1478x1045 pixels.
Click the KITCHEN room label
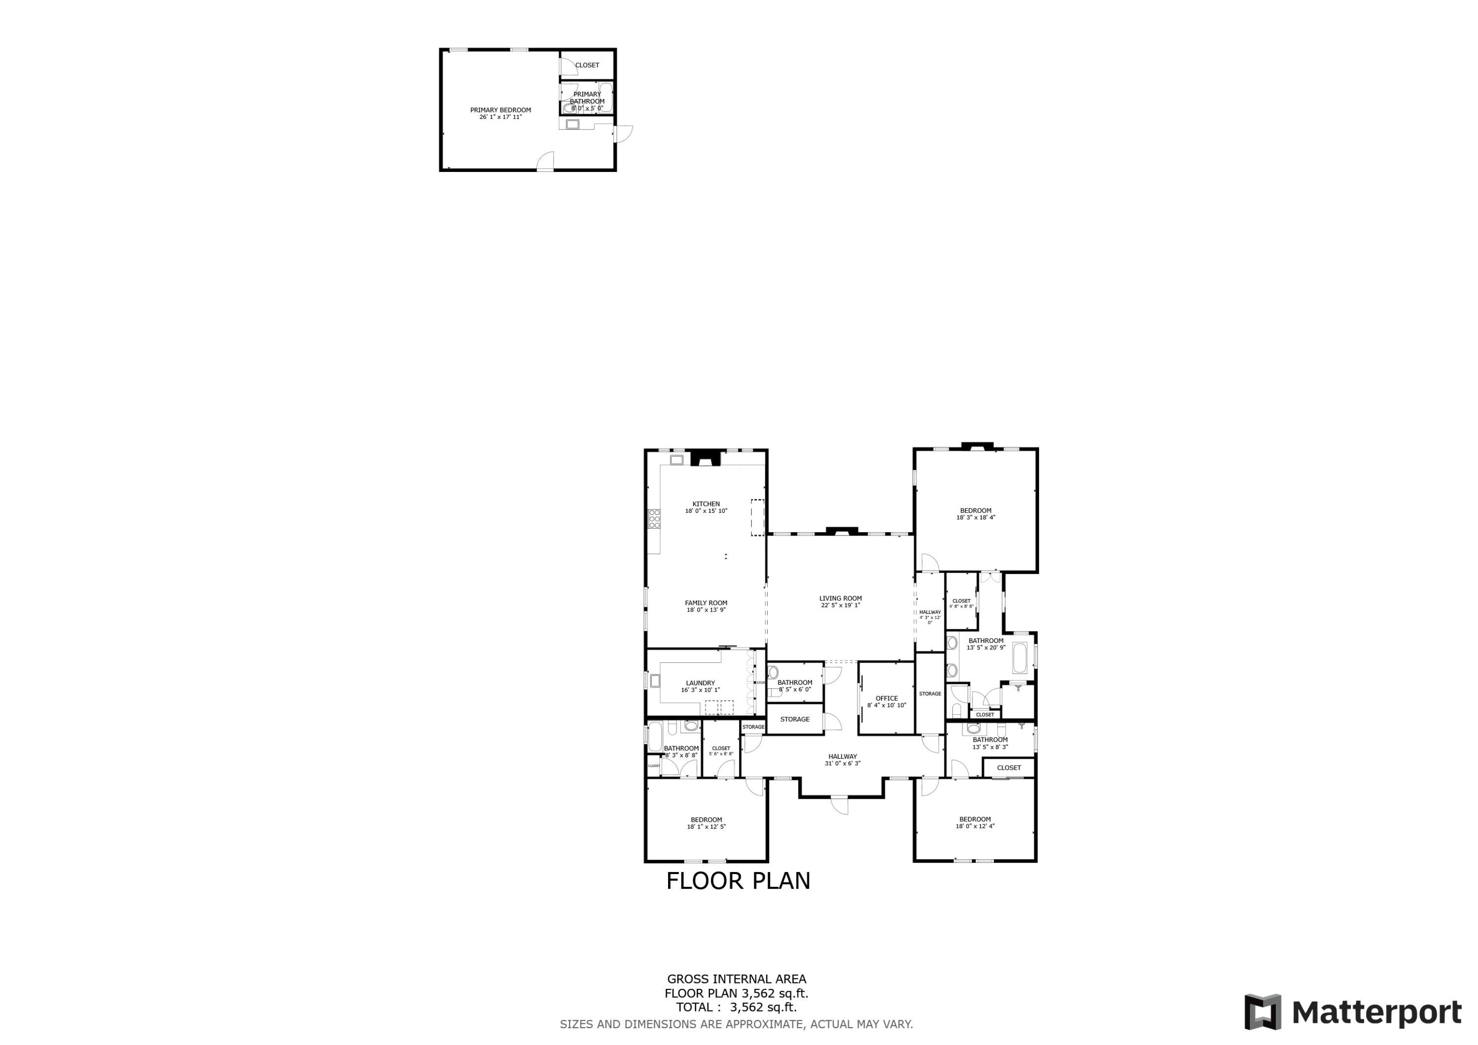click(705, 504)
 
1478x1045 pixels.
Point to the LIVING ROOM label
click(840, 598)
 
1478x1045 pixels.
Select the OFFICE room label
click(886, 698)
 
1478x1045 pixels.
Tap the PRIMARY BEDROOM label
click(500, 110)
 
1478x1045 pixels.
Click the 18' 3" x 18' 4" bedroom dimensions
click(975, 518)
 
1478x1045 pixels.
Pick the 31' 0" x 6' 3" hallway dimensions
click(842, 764)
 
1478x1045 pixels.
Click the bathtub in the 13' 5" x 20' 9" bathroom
click(1020, 657)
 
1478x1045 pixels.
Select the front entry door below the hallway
click(839, 805)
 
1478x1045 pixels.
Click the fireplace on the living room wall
click(841, 531)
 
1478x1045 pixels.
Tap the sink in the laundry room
click(655, 680)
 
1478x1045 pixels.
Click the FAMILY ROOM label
click(705, 604)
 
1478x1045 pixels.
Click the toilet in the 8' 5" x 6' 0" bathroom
click(773, 674)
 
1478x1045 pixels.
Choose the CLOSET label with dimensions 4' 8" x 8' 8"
click(961, 601)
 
